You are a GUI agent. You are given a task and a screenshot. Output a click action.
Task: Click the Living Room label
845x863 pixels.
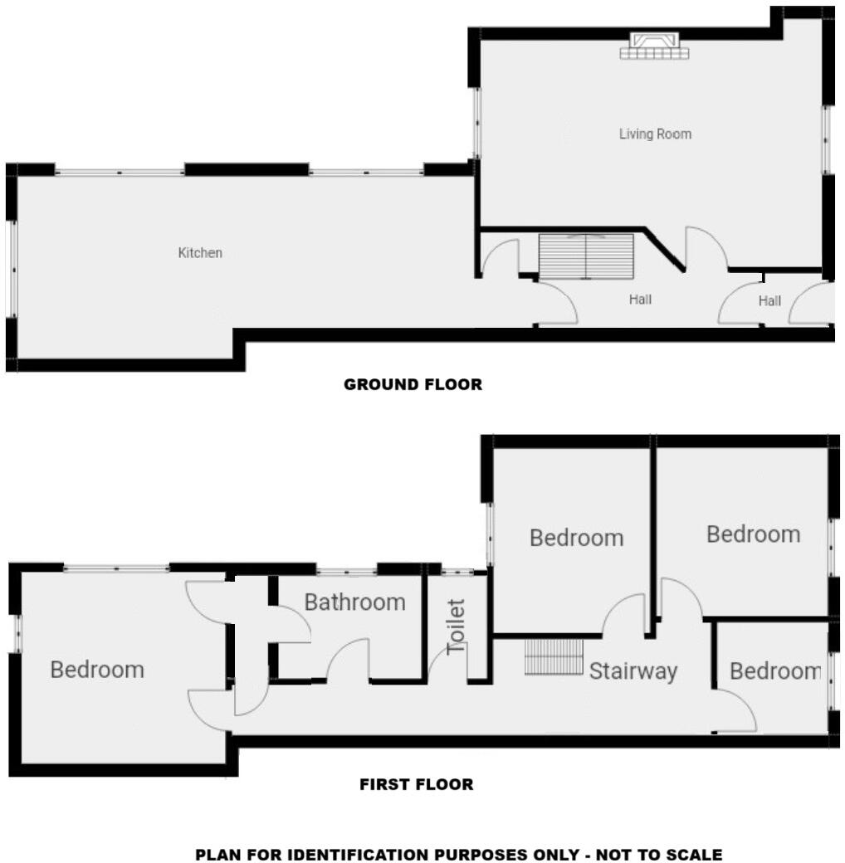point(655,134)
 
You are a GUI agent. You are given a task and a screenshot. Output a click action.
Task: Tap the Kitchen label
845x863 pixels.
point(200,252)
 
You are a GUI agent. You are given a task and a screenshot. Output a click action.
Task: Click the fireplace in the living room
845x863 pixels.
point(654,46)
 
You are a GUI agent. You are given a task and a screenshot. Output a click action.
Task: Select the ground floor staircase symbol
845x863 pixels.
point(586,256)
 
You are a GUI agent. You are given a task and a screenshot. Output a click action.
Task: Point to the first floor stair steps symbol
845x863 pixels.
point(554,656)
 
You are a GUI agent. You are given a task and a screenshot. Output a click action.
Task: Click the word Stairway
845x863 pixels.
point(633,670)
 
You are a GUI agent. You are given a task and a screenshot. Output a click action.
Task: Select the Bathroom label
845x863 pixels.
point(354,602)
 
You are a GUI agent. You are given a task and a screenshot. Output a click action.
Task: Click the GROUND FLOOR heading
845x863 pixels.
point(413,384)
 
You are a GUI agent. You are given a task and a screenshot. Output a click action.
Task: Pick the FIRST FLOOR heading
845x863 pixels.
point(417,784)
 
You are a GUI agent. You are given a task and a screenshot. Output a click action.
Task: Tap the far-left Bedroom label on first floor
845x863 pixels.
point(97,669)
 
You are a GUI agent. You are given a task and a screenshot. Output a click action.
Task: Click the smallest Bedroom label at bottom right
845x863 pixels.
point(775,670)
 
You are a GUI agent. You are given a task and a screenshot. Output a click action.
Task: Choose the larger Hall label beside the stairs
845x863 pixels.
point(640,300)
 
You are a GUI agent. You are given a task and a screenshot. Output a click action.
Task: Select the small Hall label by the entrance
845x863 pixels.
point(769,301)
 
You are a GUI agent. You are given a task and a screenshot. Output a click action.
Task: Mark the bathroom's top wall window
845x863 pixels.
point(347,570)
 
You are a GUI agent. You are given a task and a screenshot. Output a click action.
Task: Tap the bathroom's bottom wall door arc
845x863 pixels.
point(348,659)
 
